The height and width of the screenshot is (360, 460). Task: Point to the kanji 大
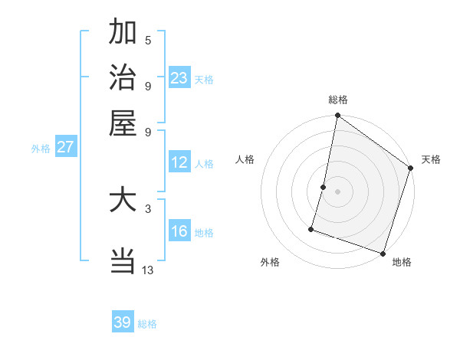tap(123, 200)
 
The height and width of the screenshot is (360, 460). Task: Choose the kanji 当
tap(123, 261)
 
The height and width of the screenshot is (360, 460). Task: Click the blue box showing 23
tap(179, 78)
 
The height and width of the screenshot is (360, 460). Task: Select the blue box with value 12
tap(179, 162)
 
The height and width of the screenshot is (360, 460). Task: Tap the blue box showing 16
tap(179, 231)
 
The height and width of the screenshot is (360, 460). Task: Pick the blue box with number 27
tap(65, 147)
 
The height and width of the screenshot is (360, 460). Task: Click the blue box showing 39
tap(123, 322)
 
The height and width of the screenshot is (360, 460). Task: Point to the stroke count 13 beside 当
tap(148, 270)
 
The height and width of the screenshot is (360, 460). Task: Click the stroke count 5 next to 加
tap(148, 40)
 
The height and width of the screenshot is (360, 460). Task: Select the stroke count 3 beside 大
tap(148, 208)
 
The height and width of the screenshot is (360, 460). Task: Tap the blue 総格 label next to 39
tap(147, 324)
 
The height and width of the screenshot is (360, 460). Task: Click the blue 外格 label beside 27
tap(41, 149)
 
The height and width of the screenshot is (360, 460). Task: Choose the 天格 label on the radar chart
tap(431, 159)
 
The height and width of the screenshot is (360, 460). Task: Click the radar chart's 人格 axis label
tap(245, 159)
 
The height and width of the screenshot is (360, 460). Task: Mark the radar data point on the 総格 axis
tap(337, 116)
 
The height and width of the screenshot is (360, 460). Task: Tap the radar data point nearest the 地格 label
tap(383, 253)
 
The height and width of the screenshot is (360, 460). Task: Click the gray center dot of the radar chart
tap(337, 191)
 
